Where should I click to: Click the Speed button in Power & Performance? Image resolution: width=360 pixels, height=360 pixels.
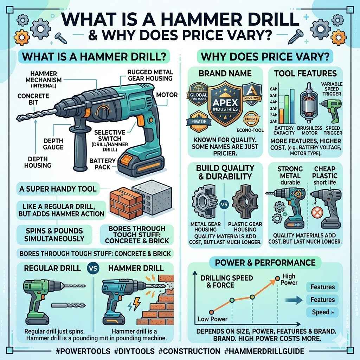[x=322, y=312]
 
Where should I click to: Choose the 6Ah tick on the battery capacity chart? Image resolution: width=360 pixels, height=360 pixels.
[x=273, y=90]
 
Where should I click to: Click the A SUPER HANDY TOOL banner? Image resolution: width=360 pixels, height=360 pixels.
[x=58, y=189]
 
